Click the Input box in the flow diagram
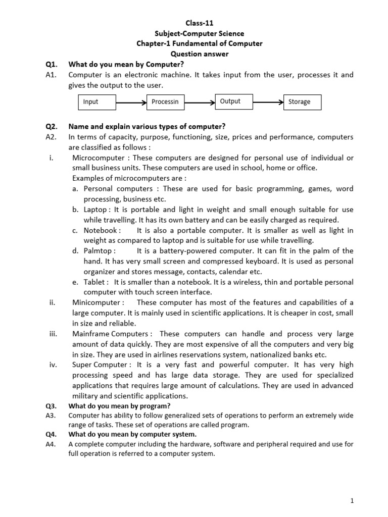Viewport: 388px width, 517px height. tap(98, 102)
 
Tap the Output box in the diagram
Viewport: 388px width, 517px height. tap(234, 101)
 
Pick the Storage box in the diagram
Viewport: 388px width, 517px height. tap(302, 102)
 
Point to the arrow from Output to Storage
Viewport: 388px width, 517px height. tap(268, 101)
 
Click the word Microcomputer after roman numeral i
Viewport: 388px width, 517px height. tap(95, 158)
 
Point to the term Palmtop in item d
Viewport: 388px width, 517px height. tap(100, 251)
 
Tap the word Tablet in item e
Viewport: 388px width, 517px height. tap(96, 282)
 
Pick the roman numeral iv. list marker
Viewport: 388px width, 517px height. tap(52, 365)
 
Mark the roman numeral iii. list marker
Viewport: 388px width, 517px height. tap(52, 334)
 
